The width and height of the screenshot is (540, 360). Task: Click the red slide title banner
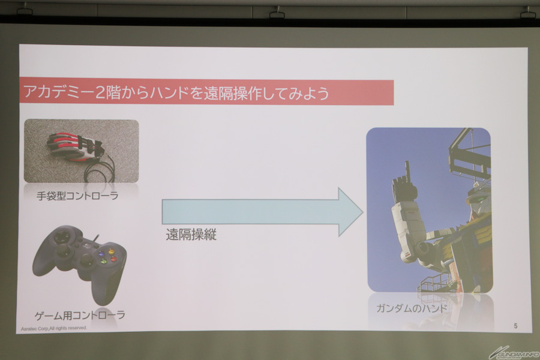pyautogui.click(x=206, y=92)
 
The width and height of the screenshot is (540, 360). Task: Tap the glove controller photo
pyautogui.click(x=81, y=151)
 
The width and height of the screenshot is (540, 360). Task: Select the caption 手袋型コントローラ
pyautogui.click(x=77, y=196)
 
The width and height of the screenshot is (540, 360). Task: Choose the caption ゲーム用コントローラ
pyautogui.click(x=80, y=315)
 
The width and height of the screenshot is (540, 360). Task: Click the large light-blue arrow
pyautogui.click(x=262, y=212)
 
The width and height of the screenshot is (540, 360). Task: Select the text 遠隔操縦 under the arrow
pyautogui.click(x=191, y=234)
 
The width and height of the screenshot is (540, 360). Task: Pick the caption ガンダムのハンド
pyautogui.click(x=412, y=308)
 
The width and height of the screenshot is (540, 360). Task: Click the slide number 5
pyautogui.click(x=515, y=326)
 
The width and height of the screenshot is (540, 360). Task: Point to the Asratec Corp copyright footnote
pyautogui.click(x=54, y=328)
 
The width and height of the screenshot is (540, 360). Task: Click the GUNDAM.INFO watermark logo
pyautogui.click(x=514, y=353)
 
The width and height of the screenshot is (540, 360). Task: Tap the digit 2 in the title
pyautogui.click(x=100, y=93)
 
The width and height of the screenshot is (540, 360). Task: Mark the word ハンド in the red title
pyautogui.click(x=169, y=93)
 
